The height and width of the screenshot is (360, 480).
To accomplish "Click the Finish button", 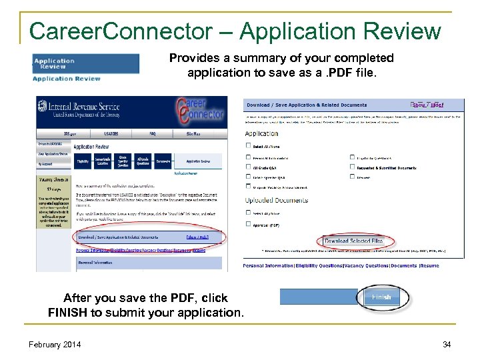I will tap(381, 297).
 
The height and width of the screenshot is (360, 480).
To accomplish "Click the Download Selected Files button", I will tap(354, 241).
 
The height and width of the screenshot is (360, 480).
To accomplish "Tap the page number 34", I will tap(447, 344).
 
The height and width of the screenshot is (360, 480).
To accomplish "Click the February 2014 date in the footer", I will tap(55, 344).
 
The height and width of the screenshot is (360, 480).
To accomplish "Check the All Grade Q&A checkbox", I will tap(248, 167).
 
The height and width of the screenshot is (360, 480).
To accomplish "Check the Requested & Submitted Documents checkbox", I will tap(352, 167).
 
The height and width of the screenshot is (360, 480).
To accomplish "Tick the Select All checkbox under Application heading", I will tap(248, 147).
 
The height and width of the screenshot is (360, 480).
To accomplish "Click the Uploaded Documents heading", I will tap(277, 200).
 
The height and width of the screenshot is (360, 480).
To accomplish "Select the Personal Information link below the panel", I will tap(267, 266).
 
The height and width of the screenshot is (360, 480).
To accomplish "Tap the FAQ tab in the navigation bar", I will tap(152, 133).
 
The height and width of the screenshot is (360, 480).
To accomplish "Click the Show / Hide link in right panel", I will tap(427, 105).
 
